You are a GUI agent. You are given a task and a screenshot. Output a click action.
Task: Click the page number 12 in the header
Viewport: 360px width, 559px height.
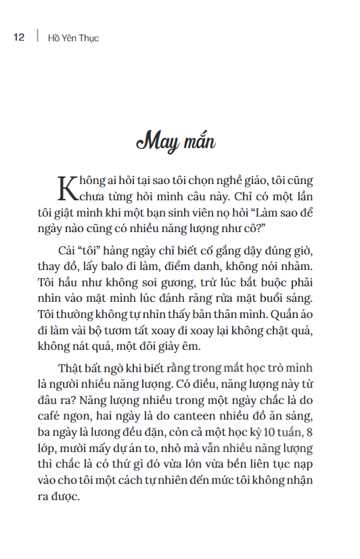[x=19, y=37]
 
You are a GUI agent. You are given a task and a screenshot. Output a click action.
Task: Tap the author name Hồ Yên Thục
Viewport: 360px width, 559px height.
[x=73, y=38]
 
